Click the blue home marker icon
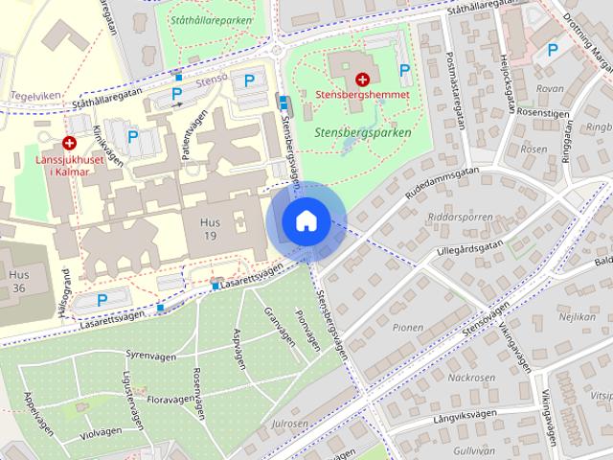pyautogui.click(x=306, y=221)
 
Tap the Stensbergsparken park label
pyautogui.click(x=362, y=133)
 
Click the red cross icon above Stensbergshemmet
pyautogui.click(x=363, y=80)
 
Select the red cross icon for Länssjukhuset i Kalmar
pyautogui.click(x=70, y=141)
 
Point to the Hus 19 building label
pyautogui.click(x=209, y=228)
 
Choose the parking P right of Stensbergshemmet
pyautogui.click(x=405, y=70)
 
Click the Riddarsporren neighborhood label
pyautogui.click(x=464, y=217)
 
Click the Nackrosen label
pyautogui.click(x=469, y=377)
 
